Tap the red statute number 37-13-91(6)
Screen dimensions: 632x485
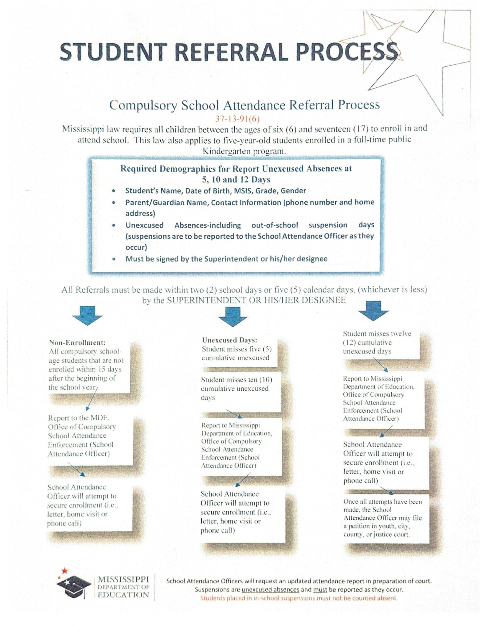point(237,119)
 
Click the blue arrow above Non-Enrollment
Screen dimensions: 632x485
point(87,315)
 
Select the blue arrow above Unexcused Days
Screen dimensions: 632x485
point(232,316)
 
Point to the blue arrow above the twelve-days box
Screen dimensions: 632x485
point(373,311)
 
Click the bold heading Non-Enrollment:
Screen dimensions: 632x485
point(77,342)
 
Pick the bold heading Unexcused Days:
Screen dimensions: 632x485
point(230,340)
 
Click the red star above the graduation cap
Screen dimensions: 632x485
point(65,570)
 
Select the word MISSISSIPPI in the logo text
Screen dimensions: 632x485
point(123,579)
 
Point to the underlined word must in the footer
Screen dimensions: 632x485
point(320,589)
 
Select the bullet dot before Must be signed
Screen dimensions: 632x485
point(114,259)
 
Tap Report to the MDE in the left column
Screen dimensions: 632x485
point(78,418)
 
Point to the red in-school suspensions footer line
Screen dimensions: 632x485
point(299,598)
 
